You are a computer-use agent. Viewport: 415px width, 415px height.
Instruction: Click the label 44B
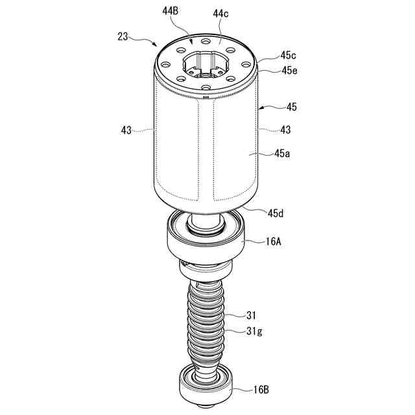tap(171, 11)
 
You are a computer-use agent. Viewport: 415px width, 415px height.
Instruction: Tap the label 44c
tap(220, 14)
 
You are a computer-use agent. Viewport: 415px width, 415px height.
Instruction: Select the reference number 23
tap(123, 36)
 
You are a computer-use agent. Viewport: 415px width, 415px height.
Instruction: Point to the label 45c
tap(288, 55)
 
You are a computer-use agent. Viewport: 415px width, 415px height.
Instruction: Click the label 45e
tap(289, 71)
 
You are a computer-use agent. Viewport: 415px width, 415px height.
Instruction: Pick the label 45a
tap(282, 153)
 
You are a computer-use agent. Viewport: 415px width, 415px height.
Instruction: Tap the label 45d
tap(276, 213)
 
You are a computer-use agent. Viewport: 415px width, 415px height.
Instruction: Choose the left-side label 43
tap(126, 130)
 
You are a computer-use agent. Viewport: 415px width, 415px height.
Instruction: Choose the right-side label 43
tap(285, 130)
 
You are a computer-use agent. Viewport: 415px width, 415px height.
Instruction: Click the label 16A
tap(273, 241)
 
